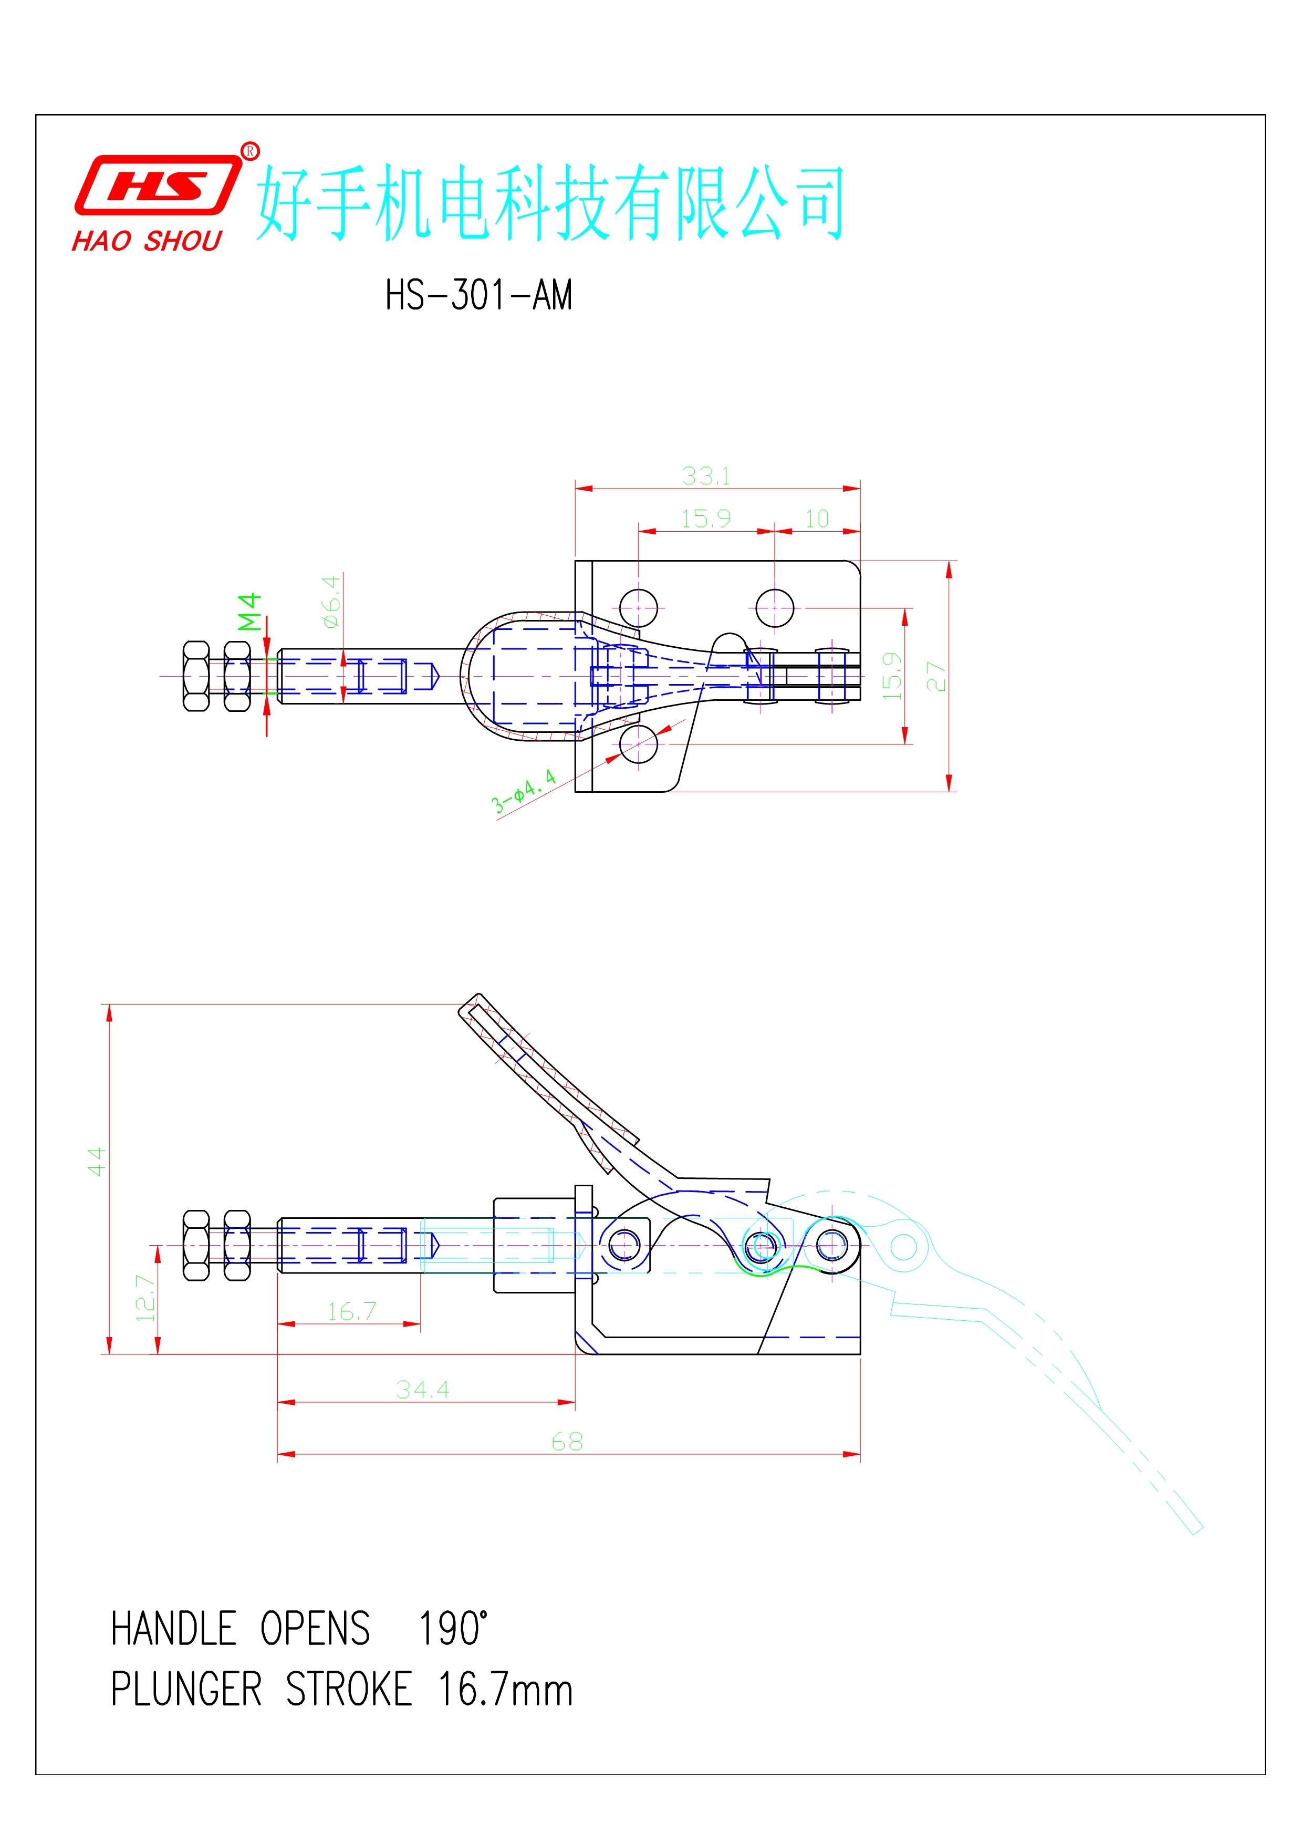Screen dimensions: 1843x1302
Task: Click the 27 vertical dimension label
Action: (x=935, y=676)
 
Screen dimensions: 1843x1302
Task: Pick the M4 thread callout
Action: (x=249, y=612)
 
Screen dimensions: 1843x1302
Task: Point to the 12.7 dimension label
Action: (x=144, y=1298)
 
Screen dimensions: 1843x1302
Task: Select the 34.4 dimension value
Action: (x=423, y=1390)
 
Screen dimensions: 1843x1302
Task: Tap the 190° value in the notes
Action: (x=453, y=1629)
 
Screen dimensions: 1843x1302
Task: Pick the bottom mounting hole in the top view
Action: (x=639, y=743)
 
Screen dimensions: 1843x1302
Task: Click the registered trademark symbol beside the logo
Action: (x=251, y=151)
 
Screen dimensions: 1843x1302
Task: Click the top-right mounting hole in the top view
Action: (x=774, y=608)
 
